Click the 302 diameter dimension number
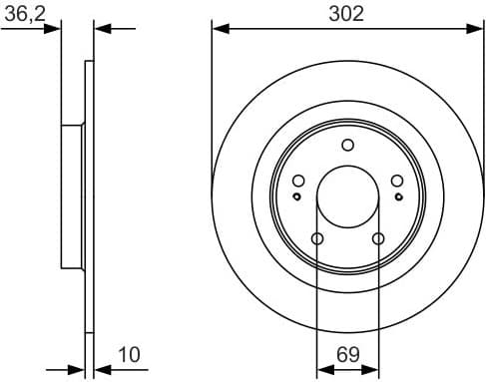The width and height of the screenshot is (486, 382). (347, 13)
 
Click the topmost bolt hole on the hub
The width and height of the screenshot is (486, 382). (347, 145)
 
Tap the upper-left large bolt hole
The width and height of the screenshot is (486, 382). (298, 181)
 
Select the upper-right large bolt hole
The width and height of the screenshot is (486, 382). (396, 181)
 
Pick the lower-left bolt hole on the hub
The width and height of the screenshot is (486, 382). (317, 238)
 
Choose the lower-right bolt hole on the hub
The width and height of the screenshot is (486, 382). (377, 238)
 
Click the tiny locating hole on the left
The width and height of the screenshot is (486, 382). (296, 196)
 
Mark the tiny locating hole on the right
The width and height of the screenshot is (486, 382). (398, 196)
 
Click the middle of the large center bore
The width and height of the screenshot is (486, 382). (347, 196)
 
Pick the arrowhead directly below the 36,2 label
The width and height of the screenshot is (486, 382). (54, 30)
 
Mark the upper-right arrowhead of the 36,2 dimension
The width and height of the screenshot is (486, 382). (101, 30)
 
